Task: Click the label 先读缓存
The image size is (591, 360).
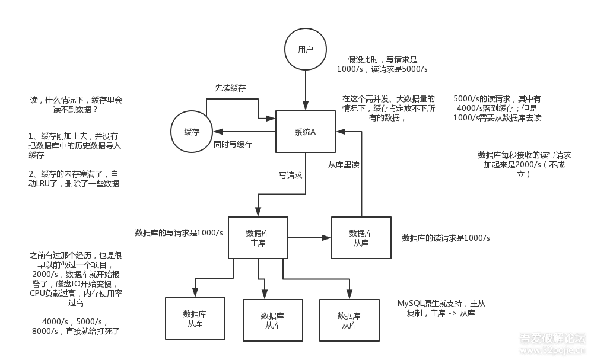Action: (x=230, y=88)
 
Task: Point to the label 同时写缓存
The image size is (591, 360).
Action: (x=233, y=144)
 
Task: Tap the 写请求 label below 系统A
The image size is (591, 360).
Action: (x=290, y=176)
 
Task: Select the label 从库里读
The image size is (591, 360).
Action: (x=344, y=164)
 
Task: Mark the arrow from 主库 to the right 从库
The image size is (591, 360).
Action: (x=310, y=238)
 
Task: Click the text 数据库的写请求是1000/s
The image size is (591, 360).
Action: (x=179, y=232)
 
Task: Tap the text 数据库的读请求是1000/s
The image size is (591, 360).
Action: (x=446, y=238)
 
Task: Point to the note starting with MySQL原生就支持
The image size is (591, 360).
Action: (x=441, y=308)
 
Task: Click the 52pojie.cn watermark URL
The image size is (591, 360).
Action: (x=552, y=350)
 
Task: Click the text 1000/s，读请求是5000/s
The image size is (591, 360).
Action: (x=382, y=69)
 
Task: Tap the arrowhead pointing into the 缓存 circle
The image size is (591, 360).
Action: (x=218, y=132)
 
